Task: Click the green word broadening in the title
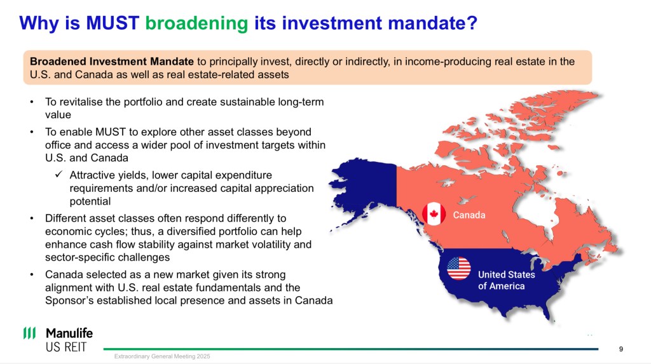[x=196, y=24]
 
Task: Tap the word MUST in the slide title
[x=113, y=23]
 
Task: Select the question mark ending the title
[x=472, y=23]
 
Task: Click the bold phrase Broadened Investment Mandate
[x=112, y=62]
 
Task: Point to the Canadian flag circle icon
[x=434, y=213]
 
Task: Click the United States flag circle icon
[x=459, y=268]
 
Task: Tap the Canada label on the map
[x=469, y=215]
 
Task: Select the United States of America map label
[x=507, y=280]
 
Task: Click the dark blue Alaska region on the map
[x=366, y=187]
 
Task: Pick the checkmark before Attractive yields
[x=58, y=174]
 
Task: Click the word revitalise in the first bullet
[x=81, y=102]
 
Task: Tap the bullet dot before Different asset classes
[x=32, y=219]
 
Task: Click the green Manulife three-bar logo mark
[x=29, y=333]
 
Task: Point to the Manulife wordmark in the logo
[x=69, y=333]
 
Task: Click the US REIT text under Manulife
[x=66, y=347]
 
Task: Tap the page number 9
[x=621, y=349]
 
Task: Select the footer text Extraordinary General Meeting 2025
[x=162, y=356]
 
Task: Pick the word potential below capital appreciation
[x=90, y=202]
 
